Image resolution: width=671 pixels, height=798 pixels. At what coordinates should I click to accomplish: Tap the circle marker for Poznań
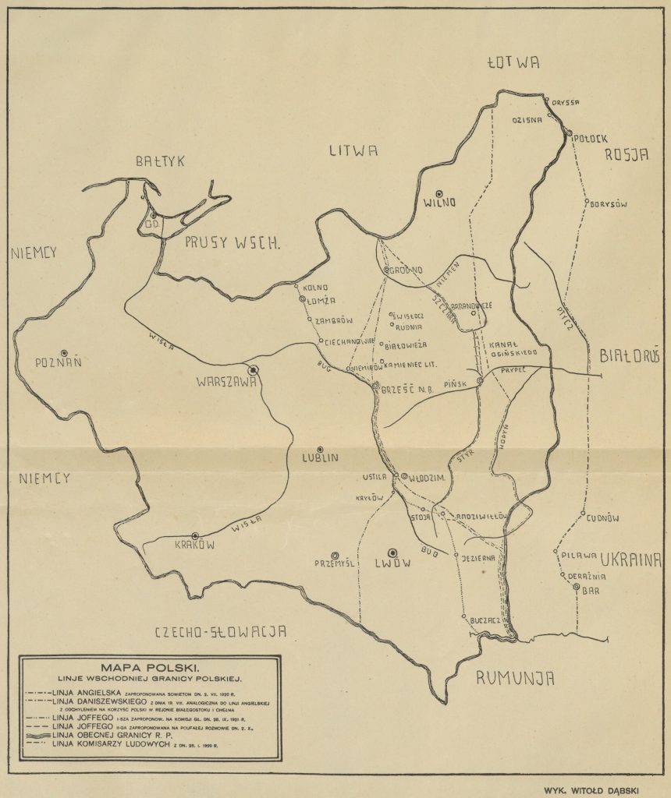65,352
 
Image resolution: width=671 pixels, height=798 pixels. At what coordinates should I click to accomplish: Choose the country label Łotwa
512,63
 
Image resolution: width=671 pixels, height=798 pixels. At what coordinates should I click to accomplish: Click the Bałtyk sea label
159,162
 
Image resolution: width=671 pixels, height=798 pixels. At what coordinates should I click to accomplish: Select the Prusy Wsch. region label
233,242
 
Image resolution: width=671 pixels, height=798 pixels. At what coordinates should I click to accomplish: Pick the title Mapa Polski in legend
151,668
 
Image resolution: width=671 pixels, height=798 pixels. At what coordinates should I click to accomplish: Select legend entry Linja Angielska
86,692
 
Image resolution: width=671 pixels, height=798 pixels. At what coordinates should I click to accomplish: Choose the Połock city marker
570,132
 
